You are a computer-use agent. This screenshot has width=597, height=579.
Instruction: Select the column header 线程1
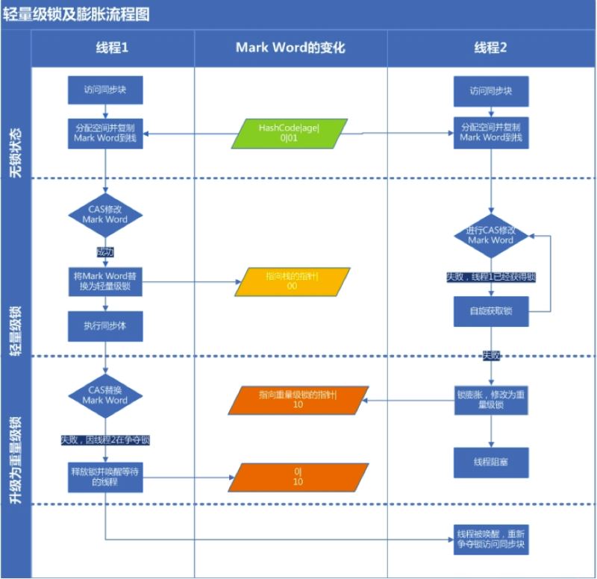click(112, 48)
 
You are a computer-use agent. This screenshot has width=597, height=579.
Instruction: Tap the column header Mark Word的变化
click(290, 48)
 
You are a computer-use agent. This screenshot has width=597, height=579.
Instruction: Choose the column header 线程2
click(491, 48)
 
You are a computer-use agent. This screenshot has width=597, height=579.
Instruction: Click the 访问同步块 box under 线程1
click(104, 90)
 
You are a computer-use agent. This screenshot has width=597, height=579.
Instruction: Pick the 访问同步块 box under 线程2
click(490, 91)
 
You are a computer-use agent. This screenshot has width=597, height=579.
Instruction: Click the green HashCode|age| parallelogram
click(289, 133)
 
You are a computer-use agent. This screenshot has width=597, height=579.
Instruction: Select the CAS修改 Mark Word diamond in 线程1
click(104, 215)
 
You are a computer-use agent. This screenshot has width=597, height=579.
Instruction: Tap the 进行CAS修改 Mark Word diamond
click(491, 235)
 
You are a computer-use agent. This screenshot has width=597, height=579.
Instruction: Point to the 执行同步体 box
click(104, 326)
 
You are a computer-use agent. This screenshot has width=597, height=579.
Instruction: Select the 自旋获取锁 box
click(490, 311)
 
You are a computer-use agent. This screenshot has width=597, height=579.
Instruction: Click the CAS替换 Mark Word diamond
click(104, 395)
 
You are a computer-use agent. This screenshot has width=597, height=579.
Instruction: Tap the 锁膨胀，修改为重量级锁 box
click(491, 399)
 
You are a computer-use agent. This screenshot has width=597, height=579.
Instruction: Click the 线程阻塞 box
click(490, 463)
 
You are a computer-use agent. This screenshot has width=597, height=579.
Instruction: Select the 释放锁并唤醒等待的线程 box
click(104, 477)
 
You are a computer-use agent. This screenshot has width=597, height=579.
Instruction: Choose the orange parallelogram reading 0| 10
click(298, 477)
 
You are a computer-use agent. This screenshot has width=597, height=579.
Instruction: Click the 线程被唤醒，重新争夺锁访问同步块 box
click(491, 539)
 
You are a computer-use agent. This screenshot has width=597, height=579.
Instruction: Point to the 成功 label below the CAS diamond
click(104, 251)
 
